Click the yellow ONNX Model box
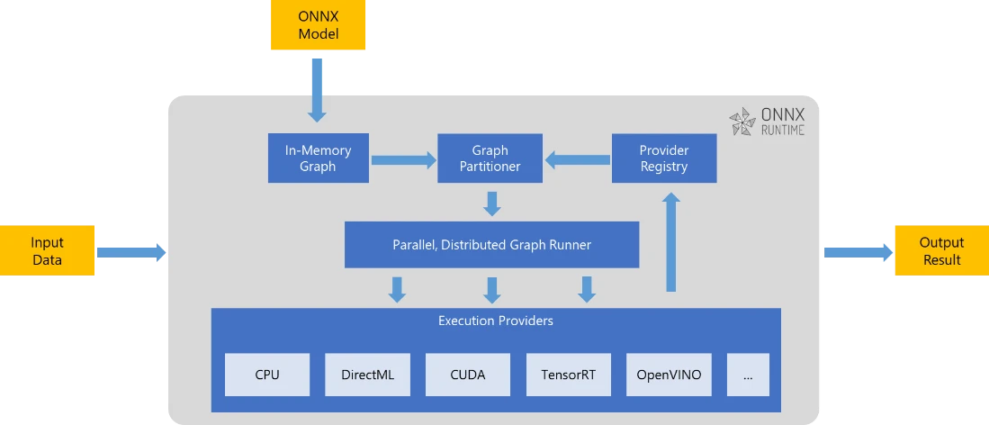pyautogui.click(x=319, y=25)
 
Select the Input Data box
pyautogui.click(x=47, y=251)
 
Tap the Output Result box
pyautogui.click(x=940, y=251)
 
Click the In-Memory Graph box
pyautogui.click(x=319, y=158)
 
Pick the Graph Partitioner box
pyautogui.click(x=490, y=158)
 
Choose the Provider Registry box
pyautogui.click(x=664, y=158)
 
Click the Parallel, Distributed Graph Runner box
pyautogui.click(x=491, y=245)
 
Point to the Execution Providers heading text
pyautogui.click(x=495, y=321)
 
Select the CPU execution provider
pyautogui.click(x=267, y=375)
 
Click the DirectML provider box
pyautogui.click(x=367, y=375)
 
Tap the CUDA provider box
pyautogui.click(x=468, y=375)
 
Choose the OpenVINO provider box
pyautogui.click(x=669, y=375)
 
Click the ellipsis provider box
pyautogui.click(x=748, y=375)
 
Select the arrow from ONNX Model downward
pyautogui.click(x=318, y=90)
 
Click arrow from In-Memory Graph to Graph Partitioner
pyautogui.click(x=402, y=160)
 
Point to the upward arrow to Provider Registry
pyautogui.click(x=670, y=245)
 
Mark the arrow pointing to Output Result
pyautogui.click(x=855, y=252)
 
